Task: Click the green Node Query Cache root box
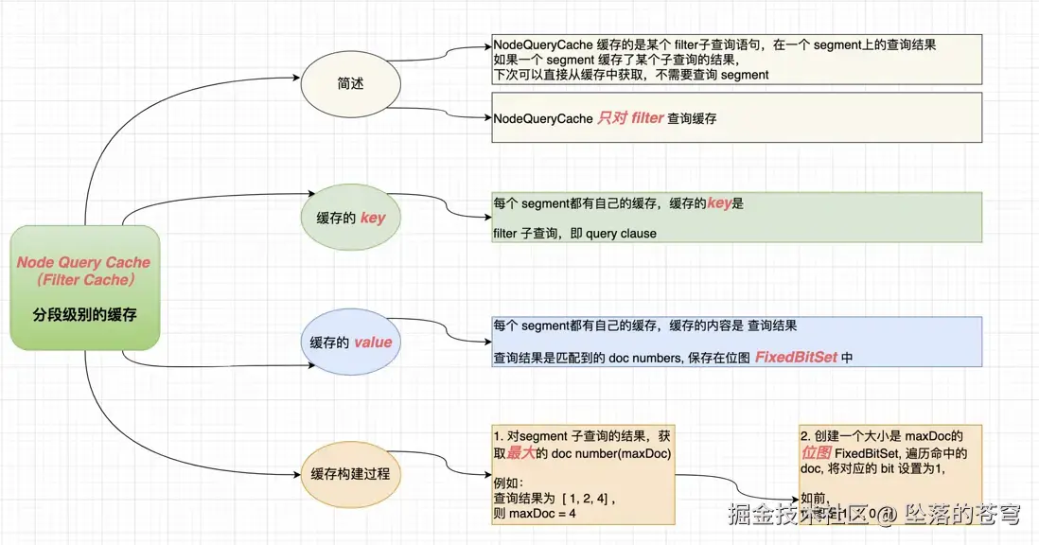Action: tap(84, 287)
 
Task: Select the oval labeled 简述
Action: tap(350, 84)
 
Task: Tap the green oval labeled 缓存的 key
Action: tap(350, 218)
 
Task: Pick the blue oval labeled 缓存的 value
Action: tap(350, 342)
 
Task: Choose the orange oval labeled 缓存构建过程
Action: tap(350, 473)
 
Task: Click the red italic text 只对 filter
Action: tap(630, 118)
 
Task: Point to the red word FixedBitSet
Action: tap(796, 358)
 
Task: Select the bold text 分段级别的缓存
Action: tap(84, 314)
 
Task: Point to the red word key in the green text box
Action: tap(719, 203)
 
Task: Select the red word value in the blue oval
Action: tap(373, 342)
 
